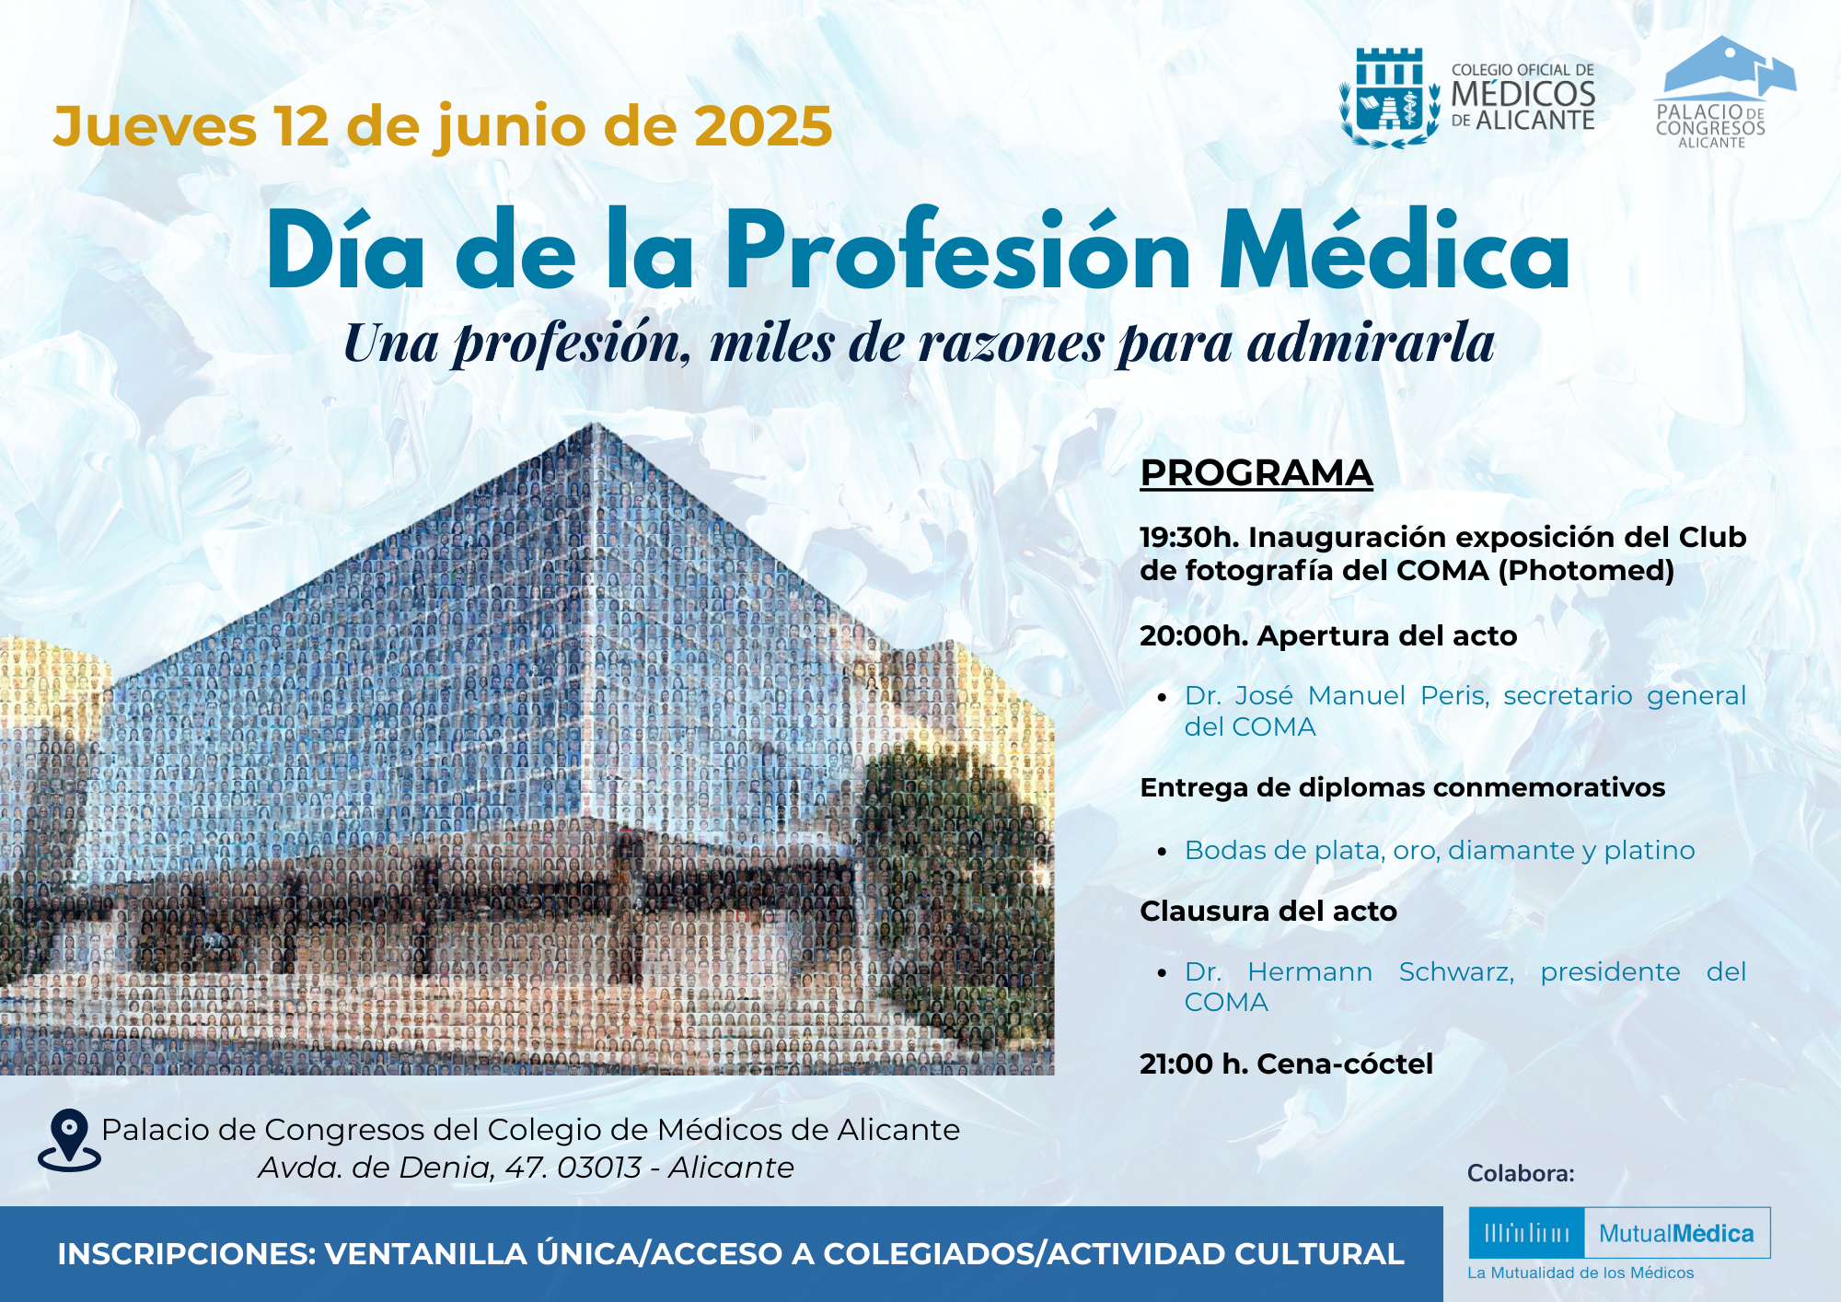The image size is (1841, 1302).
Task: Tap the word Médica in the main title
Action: point(1395,250)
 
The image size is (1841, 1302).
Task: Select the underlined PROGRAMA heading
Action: point(1256,473)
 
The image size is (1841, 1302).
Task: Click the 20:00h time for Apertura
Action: point(1193,635)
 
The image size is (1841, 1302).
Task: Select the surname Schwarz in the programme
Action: point(1456,971)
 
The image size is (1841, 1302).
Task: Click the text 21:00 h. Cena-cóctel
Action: point(1286,1064)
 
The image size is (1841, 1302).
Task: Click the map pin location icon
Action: point(70,1140)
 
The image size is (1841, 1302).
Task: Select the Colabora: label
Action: point(1521,1173)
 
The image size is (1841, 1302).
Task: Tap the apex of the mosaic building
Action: point(595,424)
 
